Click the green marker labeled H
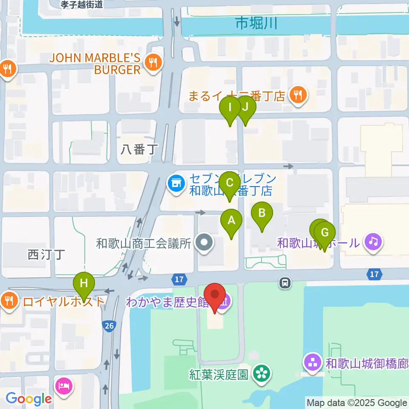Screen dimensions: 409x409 click(x=84, y=283)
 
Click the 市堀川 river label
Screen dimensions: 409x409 click(x=256, y=23)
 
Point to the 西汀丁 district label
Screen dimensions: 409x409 click(x=46, y=255)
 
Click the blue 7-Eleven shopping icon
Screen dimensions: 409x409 click(x=176, y=184)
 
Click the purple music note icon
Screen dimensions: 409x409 click(x=373, y=242)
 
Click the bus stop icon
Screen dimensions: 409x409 click(x=285, y=282)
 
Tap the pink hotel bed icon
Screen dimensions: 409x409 click(x=64, y=386)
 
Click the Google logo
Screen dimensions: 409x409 click(x=29, y=399)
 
